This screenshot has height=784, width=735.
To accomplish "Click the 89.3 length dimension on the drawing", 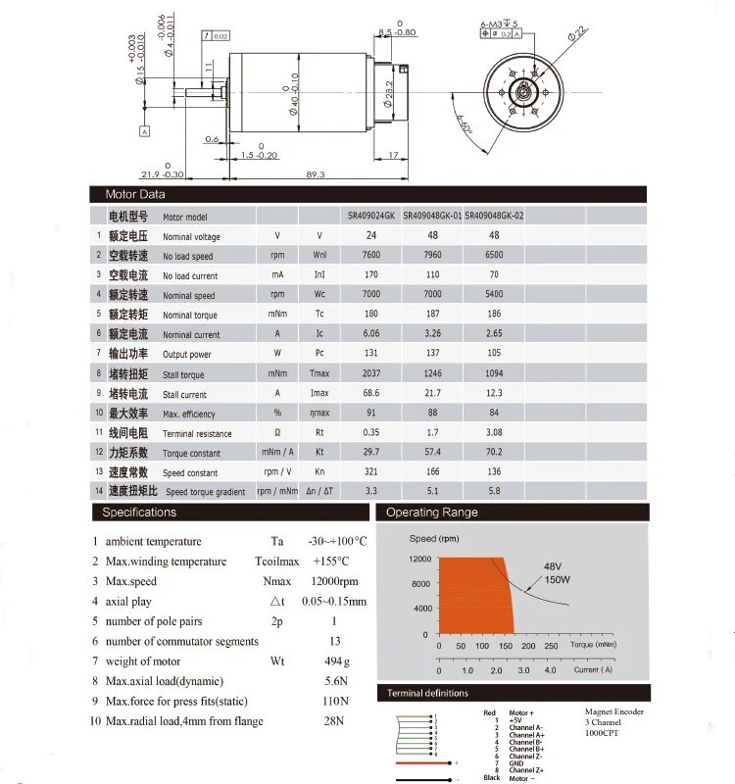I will [316, 173].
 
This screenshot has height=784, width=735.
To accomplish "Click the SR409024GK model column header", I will [371, 216].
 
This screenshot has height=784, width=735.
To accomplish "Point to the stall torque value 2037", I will [371, 373].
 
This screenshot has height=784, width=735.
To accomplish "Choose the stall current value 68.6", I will [371, 393].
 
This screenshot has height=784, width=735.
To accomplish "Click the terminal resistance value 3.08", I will [493, 432].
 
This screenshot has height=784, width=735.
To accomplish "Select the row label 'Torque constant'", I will [191, 453].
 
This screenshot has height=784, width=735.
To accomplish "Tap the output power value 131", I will [371, 354].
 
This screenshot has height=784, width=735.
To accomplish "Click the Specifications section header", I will [140, 512].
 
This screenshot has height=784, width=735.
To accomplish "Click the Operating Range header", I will [432, 512].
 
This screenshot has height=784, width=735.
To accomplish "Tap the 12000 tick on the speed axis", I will [419, 559].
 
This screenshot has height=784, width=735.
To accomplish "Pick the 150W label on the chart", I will [558, 579].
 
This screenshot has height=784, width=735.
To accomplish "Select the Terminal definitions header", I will [427, 693].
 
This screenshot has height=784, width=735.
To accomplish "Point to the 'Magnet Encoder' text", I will [614, 712].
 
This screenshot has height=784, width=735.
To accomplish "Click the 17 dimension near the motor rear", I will [392, 155].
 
